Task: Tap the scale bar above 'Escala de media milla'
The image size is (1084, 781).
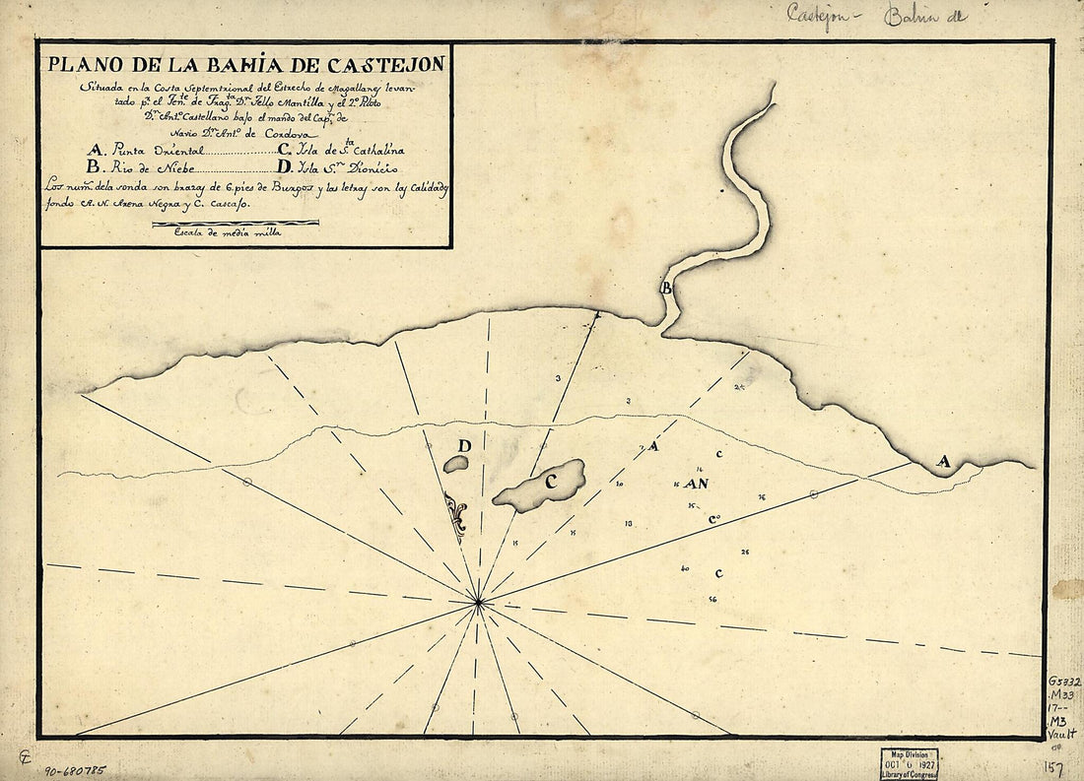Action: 236,224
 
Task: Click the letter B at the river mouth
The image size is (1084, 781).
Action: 667,289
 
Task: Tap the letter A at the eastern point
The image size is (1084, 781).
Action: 943,461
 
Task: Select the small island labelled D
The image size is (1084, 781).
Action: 455,463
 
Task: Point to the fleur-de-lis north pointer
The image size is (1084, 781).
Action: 455,515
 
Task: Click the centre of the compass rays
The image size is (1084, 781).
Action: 478,601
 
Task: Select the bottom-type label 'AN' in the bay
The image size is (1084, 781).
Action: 698,485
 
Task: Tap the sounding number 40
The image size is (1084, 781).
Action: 685,569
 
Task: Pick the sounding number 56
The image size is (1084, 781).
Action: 712,599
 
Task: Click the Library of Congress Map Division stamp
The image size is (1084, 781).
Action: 909,763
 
